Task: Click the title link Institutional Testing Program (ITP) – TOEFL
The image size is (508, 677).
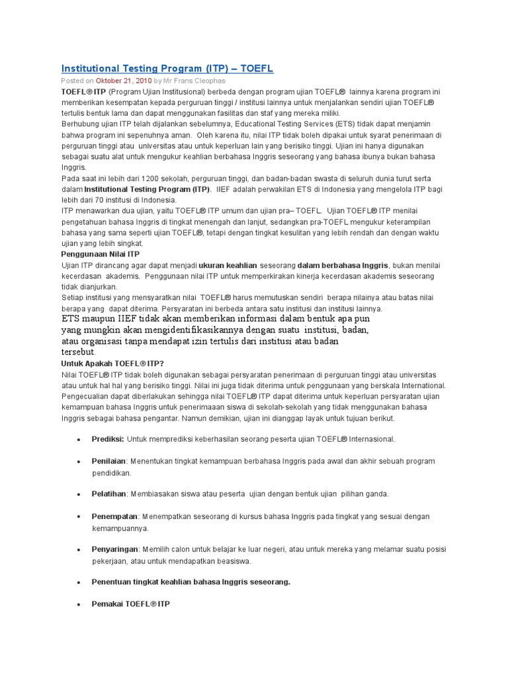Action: click(167, 69)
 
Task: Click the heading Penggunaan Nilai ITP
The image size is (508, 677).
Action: click(101, 254)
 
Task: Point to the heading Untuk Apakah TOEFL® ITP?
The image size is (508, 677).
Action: click(112, 363)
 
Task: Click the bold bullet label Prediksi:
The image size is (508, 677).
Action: click(108, 439)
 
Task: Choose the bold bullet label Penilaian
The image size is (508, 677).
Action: click(109, 461)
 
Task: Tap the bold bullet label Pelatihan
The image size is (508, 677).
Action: click(109, 494)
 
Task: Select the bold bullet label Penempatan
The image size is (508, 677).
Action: click(114, 516)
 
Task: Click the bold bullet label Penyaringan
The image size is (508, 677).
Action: click(115, 549)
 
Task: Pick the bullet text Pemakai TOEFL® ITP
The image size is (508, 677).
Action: click(131, 604)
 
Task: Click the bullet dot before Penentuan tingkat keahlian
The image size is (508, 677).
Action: click(78, 582)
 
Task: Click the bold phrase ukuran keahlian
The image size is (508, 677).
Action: click(228, 265)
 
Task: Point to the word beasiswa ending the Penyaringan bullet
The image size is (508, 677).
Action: click(234, 561)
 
